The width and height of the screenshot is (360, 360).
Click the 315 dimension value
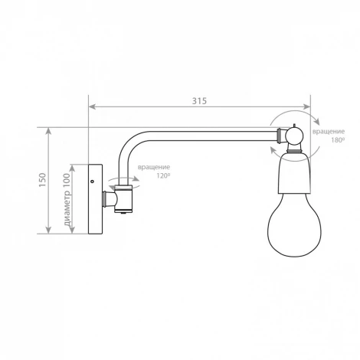click(199, 101)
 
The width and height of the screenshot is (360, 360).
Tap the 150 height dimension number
click(42, 180)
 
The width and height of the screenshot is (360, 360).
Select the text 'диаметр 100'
click(67, 199)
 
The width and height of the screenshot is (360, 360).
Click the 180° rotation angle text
click(338, 140)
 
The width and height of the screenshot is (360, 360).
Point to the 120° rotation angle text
click(163, 175)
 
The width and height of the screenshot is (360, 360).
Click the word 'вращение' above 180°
click(329, 132)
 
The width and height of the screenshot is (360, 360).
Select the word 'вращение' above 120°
click(154, 167)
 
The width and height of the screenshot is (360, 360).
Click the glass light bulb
click(294, 224)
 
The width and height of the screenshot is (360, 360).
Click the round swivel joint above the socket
click(294, 136)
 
